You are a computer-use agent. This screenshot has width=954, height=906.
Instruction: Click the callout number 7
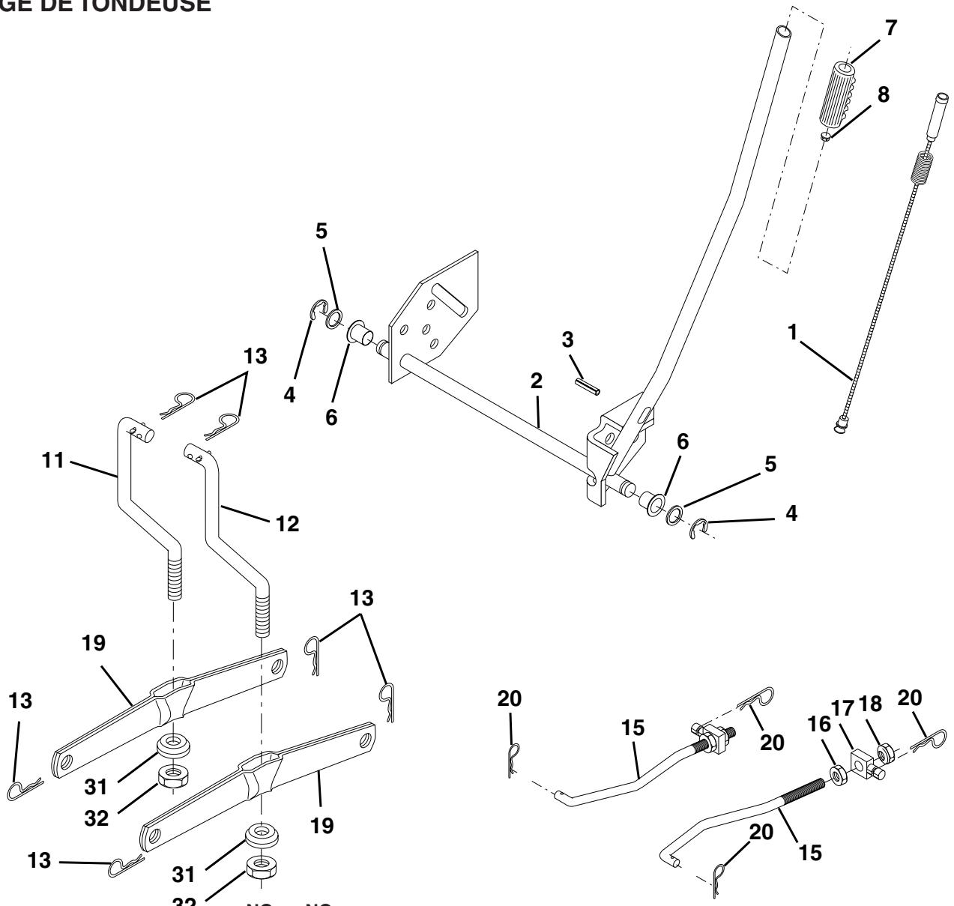point(890,28)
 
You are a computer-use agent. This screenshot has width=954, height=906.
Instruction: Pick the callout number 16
point(823,724)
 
